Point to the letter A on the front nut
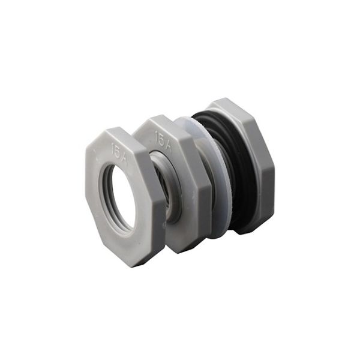122,157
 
